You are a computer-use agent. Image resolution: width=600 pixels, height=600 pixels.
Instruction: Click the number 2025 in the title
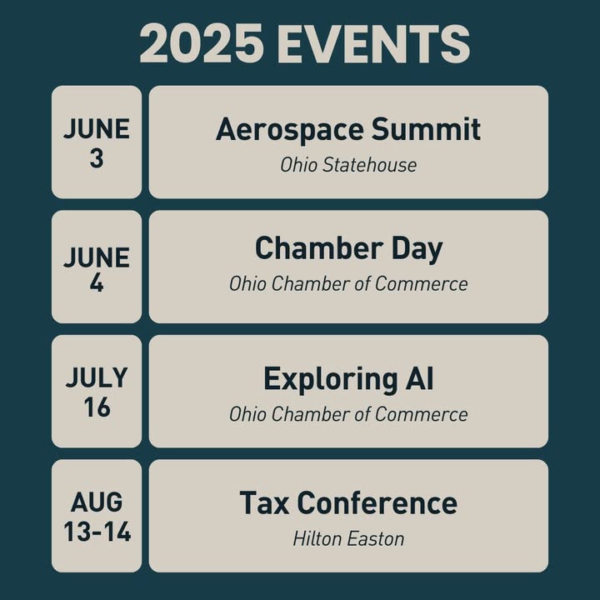(202, 42)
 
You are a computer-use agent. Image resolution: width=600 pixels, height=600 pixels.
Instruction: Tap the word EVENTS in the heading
(373, 42)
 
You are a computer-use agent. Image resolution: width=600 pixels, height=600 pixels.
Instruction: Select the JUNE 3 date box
(97, 142)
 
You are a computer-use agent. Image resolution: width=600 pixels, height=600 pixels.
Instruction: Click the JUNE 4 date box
(97, 267)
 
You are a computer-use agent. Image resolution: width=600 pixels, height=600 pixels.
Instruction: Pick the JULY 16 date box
(97, 392)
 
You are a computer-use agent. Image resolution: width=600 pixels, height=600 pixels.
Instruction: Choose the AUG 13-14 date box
(97, 516)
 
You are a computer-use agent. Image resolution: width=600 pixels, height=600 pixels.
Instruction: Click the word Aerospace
(289, 130)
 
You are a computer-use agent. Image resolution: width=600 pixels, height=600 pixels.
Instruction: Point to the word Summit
(426, 129)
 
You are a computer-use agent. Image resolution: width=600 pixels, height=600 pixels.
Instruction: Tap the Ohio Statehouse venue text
(348, 165)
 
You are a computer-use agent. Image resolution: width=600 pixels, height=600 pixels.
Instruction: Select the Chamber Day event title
(348, 249)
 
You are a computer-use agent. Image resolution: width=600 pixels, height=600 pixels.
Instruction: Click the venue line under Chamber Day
(348, 284)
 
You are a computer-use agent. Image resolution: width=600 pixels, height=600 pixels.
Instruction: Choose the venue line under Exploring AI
(348, 414)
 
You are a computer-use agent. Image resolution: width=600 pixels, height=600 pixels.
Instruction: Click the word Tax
(264, 502)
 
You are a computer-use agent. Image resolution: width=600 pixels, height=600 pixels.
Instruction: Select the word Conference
(377, 502)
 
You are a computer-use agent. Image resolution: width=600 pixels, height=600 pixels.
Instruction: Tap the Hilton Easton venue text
(348, 539)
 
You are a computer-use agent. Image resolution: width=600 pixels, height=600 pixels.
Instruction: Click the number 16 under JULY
(97, 407)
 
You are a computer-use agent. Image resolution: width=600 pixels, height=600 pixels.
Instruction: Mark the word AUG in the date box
(97, 502)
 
